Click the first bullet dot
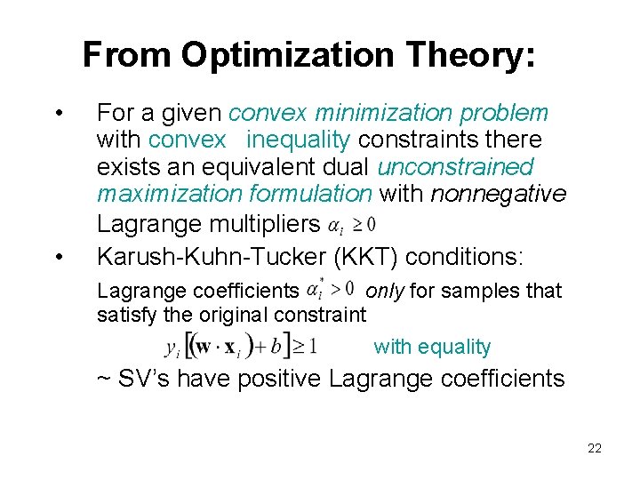tap(58, 114)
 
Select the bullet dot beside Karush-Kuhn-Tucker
tap(58, 257)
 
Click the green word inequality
tap(300, 140)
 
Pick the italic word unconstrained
tap(455, 167)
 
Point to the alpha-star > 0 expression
tap(330, 290)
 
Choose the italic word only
tap(386, 291)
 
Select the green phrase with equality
tap(432, 348)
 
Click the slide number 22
tap(595, 449)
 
